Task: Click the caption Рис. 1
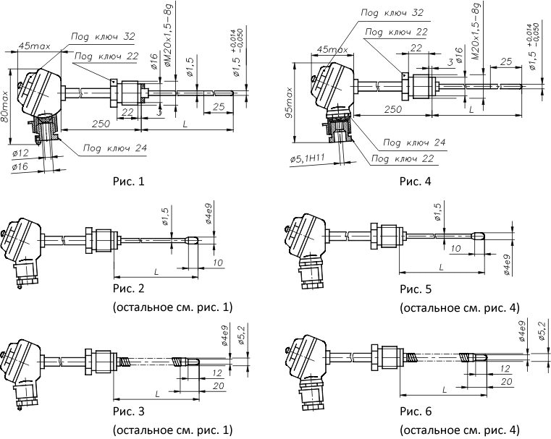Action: tap(129, 182)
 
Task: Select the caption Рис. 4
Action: tap(416, 182)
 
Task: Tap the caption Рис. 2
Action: tap(129, 289)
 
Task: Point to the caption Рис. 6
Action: tap(416, 411)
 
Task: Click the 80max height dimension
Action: tap(5, 106)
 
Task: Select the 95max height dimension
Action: tap(289, 102)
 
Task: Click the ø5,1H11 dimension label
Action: tap(307, 158)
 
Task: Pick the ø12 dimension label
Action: tap(20, 153)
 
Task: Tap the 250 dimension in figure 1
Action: tap(101, 124)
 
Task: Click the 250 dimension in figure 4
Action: tap(392, 109)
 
